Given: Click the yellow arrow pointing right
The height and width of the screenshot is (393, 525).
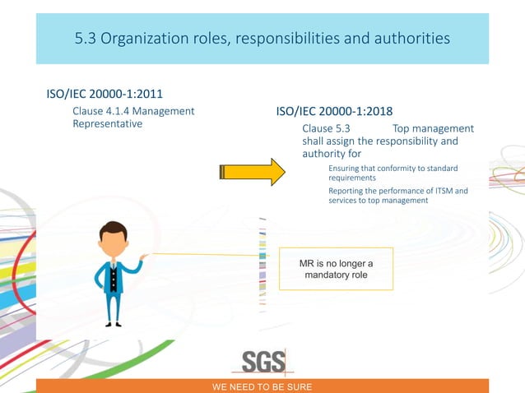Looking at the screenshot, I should pyautogui.click(x=251, y=172).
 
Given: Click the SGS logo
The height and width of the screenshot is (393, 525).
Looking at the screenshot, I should pyautogui.click(x=263, y=362).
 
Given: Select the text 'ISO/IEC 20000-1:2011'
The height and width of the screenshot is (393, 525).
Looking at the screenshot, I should pyautogui.click(x=109, y=95).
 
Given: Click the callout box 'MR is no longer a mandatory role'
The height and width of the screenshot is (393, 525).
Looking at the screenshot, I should pyautogui.click(x=336, y=269).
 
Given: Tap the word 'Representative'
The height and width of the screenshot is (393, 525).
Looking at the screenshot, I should pyautogui.click(x=108, y=124).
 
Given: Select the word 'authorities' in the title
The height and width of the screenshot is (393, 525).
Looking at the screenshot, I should pyautogui.click(x=409, y=38).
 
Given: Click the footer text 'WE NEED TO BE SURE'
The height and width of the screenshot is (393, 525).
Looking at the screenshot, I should pyautogui.click(x=262, y=386).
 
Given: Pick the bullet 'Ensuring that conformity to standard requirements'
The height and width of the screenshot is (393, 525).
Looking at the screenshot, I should pyautogui.click(x=393, y=173).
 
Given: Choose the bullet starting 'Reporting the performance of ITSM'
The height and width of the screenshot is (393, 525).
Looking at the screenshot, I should pyautogui.click(x=397, y=196).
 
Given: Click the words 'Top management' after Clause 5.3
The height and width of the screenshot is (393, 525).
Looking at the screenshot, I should pyautogui.click(x=433, y=128).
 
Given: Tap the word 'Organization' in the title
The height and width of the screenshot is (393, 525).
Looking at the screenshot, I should pyautogui.click(x=146, y=38).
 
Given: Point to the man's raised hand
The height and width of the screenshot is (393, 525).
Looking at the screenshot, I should pyautogui.click(x=143, y=257).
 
